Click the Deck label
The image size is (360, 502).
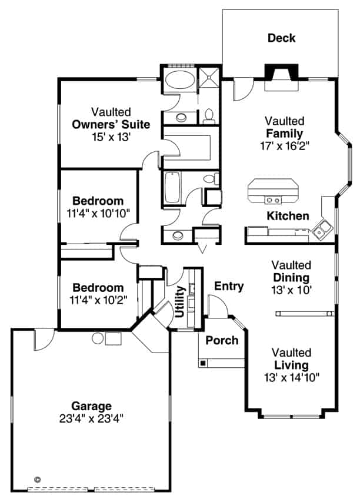point(281,39)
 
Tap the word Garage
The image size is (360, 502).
point(91,406)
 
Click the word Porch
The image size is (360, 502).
point(222,340)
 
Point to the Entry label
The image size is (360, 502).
point(229,287)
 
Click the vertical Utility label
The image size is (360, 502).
point(181,301)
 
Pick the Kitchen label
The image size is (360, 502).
point(288,216)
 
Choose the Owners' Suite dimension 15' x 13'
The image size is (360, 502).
point(111,137)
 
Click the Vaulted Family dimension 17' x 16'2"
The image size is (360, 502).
point(284,144)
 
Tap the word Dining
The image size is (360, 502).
point(291,277)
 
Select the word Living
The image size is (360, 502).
point(291,365)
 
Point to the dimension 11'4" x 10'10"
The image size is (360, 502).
point(98,212)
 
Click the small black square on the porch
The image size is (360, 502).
point(203,363)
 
